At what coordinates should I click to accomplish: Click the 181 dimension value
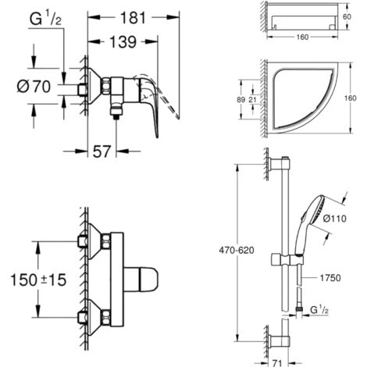pos(133,18)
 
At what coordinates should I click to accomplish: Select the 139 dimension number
pos(123,42)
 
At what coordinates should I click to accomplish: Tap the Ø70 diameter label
pos(34,87)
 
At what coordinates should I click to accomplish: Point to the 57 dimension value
pos(102,151)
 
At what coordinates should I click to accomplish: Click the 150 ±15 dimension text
pos(38,280)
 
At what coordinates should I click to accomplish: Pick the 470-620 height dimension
pos(237,251)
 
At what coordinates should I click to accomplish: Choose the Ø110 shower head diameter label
pos(335,219)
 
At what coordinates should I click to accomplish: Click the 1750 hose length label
pos(330,278)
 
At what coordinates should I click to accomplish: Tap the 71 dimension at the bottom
pos(278,362)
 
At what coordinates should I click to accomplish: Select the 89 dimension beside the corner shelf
pos(241,100)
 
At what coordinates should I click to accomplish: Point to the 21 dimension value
pos(252,100)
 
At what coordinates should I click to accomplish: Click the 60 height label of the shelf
pos(347,17)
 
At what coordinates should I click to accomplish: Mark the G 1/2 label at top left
pos(45,20)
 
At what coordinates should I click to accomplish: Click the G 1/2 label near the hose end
pos(319,310)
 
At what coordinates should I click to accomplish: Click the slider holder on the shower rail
pos(287,259)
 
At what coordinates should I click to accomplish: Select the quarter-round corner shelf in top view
pos(302,97)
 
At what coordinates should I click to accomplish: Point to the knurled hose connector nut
pos(299,309)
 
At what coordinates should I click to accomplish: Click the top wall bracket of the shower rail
pos(280,165)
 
